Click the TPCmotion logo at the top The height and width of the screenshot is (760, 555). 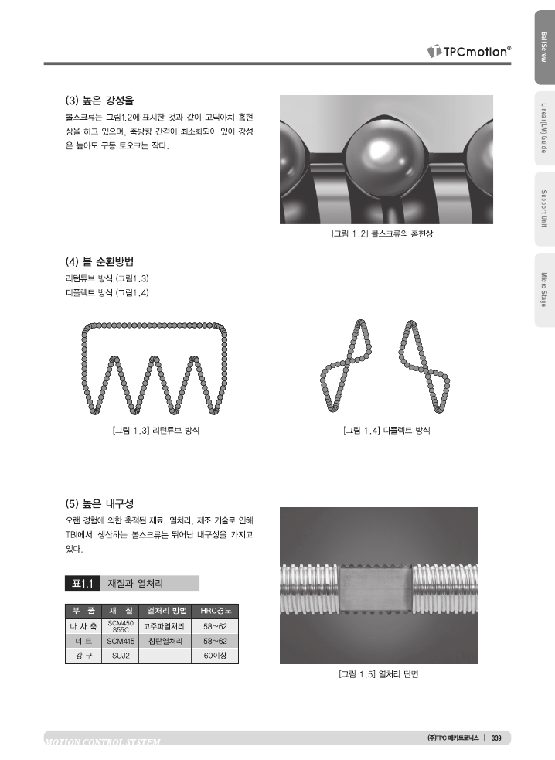tap(468, 51)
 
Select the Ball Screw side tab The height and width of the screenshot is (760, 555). tap(544, 47)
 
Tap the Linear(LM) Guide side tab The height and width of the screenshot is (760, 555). tap(544, 128)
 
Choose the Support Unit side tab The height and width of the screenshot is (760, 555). tap(544, 209)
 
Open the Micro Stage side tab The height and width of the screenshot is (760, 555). tap(544, 290)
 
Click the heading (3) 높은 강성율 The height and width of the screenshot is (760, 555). tap(100, 101)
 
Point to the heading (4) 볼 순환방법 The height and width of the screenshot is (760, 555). tap(100, 262)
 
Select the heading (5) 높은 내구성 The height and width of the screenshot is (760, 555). tap(100, 503)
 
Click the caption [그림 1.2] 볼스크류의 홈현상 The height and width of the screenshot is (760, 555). tap(382, 233)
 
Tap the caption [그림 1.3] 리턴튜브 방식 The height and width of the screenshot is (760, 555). tap(156, 431)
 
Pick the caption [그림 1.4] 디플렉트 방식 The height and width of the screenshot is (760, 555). tap(386, 431)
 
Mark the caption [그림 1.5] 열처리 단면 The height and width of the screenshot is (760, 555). tap(378, 674)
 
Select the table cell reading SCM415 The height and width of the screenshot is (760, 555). tap(121, 641)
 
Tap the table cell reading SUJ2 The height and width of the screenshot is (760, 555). tap(121, 656)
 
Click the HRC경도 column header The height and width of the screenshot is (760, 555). tap(215, 611)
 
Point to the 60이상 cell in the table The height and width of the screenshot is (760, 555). tap(215, 656)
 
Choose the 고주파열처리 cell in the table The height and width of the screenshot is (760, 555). tap(165, 626)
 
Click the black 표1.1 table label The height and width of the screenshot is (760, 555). tap(83, 584)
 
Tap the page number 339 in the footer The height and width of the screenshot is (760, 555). tap(496, 738)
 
